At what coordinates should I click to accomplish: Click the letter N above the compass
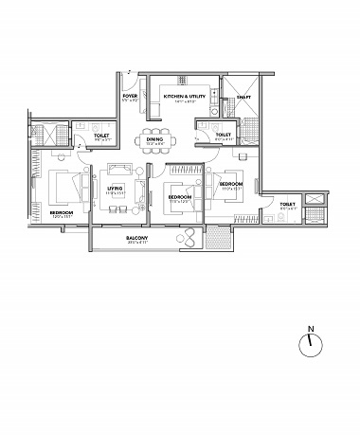click(x=310, y=331)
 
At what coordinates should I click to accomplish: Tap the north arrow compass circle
click(x=310, y=346)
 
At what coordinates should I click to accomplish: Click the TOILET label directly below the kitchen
click(x=222, y=135)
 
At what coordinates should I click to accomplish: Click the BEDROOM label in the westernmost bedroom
click(x=63, y=213)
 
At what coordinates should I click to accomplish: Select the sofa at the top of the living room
click(x=119, y=170)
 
